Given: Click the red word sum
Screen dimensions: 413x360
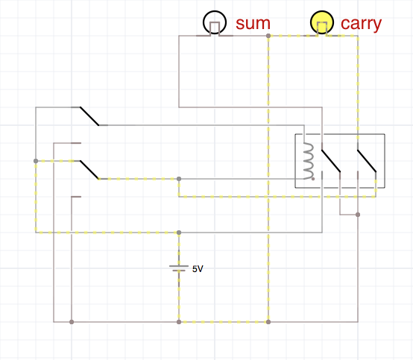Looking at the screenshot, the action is coord(253,24).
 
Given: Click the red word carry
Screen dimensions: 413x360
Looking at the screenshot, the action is coord(361,25).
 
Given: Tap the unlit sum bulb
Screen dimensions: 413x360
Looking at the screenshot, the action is coord(215,22).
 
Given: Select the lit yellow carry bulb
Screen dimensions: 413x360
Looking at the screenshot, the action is coord(322,22).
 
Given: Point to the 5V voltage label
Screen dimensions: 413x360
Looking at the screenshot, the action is coord(198,269).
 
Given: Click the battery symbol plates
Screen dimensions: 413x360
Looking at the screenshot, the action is coord(179,268).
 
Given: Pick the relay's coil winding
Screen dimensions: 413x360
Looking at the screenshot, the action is coord(309,161).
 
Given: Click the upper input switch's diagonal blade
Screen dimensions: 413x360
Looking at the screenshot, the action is coord(89,116).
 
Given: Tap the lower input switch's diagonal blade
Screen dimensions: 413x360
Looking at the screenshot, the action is coord(89,170).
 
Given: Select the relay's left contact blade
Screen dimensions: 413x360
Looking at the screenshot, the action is coord(331,161).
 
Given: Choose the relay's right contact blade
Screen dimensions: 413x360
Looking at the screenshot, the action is coord(367,161).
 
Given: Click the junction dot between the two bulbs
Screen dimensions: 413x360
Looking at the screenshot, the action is coord(268,36).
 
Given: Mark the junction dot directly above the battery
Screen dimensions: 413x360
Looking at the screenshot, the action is coord(179,233).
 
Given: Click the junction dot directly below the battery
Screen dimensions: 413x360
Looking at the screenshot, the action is coord(179,322).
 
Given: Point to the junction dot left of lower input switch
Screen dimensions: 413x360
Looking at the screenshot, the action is coord(36,161).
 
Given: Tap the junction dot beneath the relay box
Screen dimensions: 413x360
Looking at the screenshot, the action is coord(358,215).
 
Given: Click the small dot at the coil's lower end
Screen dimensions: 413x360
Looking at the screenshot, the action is coord(313,179).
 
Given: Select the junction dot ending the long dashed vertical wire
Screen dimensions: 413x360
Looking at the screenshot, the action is coord(268,322).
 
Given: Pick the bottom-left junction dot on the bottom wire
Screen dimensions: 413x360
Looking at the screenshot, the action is coord(72,322).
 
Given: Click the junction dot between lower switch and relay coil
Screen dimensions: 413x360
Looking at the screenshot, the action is coord(179,179).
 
